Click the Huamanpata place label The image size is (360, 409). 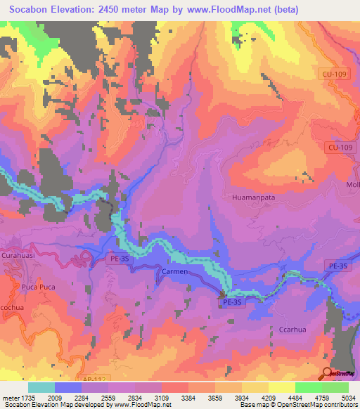tap(252, 198)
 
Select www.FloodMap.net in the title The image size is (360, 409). tap(231, 10)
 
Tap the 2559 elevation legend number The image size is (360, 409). tap(108, 397)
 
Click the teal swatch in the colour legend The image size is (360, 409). tap(41, 387)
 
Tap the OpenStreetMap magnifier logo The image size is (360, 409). tap(328, 372)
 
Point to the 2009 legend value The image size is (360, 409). tap(54, 397)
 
